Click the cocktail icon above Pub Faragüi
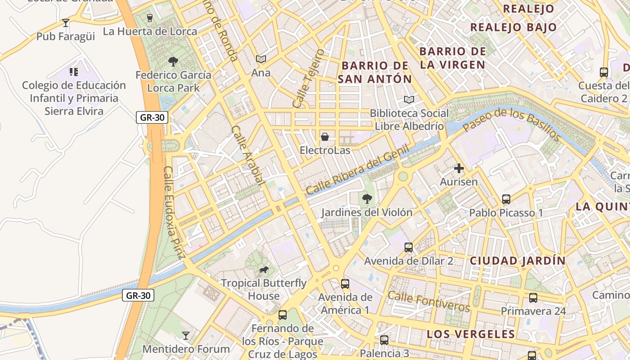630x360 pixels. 66,22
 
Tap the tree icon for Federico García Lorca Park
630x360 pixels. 173,62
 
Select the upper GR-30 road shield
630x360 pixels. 152,118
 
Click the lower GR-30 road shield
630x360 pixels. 138,296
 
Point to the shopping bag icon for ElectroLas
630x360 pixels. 324,137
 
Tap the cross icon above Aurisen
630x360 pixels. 459,169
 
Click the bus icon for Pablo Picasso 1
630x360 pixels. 506,199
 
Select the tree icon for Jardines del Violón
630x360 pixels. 367,198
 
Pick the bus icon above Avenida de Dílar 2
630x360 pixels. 408,247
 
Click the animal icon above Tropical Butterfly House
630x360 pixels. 264,270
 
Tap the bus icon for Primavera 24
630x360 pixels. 533,298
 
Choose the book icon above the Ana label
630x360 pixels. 261,59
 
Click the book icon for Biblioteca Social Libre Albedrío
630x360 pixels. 409,99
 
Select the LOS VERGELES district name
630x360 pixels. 470,334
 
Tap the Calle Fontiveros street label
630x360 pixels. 428,301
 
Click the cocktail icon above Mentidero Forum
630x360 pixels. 185,335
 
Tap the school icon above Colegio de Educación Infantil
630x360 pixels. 74,72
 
